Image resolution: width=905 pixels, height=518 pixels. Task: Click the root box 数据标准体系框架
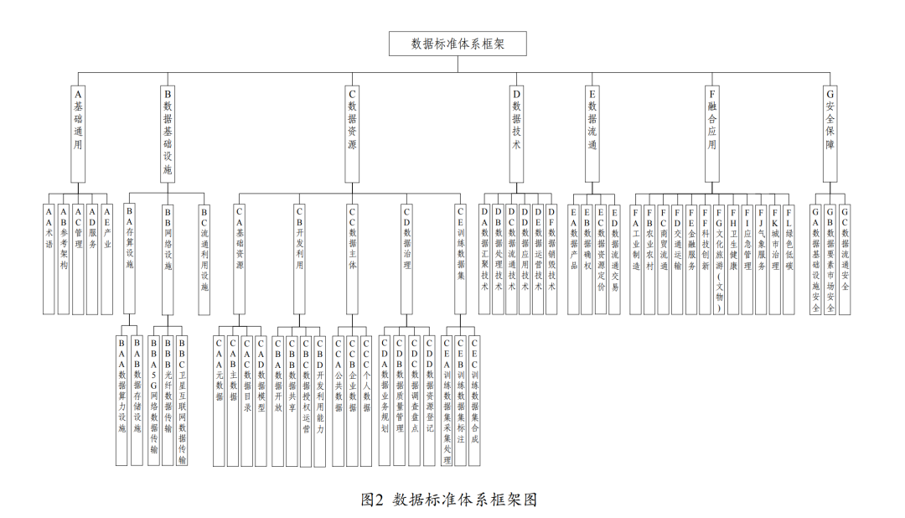tap(458, 44)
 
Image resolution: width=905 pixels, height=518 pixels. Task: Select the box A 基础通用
tap(78, 134)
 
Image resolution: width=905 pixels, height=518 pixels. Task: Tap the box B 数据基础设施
tap(168, 134)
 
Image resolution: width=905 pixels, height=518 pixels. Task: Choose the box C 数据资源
tap(352, 134)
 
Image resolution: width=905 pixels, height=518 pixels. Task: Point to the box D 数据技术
tap(516, 134)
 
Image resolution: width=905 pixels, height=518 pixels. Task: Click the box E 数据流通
tap(592, 134)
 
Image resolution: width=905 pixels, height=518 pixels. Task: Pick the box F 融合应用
tap(712, 134)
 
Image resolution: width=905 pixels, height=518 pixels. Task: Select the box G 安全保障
tap(830, 134)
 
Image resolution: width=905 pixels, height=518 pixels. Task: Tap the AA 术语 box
tap(49, 259)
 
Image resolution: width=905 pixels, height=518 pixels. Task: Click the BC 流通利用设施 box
tap(204, 260)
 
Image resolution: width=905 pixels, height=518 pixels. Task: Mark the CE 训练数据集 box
tap(460, 259)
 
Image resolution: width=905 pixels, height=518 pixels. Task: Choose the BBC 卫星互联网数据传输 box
tap(182, 401)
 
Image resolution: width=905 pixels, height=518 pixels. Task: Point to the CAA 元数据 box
tap(219, 401)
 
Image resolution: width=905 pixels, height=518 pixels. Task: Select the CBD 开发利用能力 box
tap(320, 401)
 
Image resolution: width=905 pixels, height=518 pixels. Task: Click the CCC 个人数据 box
tap(366, 401)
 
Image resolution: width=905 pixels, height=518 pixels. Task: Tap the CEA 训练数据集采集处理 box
tap(447, 401)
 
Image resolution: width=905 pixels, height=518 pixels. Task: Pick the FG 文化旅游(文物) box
tap(719, 260)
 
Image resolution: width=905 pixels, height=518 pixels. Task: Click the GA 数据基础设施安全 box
tap(815, 260)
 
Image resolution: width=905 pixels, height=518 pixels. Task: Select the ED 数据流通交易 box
tap(614, 260)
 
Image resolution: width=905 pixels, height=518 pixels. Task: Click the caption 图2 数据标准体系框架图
tap(449, 499)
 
